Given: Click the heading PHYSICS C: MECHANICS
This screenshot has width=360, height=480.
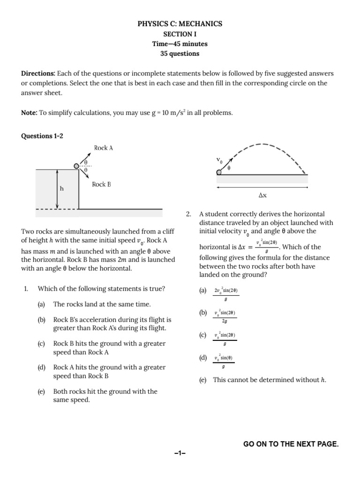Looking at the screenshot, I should pos(180,24).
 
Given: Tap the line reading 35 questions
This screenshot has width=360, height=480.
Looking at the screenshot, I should pos(180,53).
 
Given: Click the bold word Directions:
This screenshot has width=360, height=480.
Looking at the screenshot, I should pos(38,74).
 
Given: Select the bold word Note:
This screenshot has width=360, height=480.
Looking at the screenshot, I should pos(30,113).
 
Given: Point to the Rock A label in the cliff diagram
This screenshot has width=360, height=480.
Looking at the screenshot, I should pos(104,148).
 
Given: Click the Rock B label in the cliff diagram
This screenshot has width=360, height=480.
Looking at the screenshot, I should pos(101,185).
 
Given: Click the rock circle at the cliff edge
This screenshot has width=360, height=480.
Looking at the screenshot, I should pos(76,165).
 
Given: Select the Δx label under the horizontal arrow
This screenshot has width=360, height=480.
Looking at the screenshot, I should pos(262,195).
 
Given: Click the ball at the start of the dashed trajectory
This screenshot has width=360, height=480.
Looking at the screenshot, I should pos(219,172).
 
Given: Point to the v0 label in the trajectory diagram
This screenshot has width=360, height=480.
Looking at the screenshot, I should pos(219,161).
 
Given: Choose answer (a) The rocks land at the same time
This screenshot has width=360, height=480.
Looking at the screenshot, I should pos(102,304).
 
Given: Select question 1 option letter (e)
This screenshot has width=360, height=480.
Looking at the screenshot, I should pos(42,391).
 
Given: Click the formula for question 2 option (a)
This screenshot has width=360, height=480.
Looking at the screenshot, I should pos(226,294).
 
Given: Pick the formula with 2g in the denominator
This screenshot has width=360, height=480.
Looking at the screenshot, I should pos(225,316).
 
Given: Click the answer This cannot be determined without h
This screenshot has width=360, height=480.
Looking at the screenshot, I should pos(269,380).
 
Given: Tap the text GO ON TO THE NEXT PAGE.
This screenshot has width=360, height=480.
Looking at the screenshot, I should pos(291,444).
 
